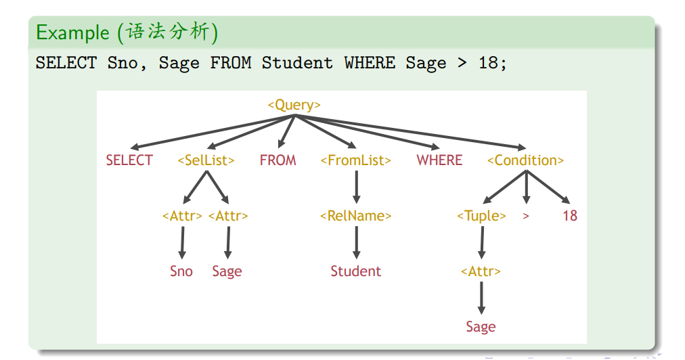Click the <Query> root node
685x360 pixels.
click(294, 106)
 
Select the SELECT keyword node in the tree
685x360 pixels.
click(129, 160)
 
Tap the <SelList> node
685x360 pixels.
click(206, 160)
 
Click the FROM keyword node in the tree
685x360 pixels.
click(278, 160)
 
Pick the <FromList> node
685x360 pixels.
click(355, 160)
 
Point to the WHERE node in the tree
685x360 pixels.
click(439, 160)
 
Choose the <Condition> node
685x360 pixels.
click(525, 160)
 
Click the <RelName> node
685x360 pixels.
click(355, 216)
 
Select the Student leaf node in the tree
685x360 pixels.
click(355, 271)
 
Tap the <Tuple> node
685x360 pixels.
click(481, 216)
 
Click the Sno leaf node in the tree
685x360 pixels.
click(181, 271)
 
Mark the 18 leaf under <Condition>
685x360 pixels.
click(570, 216)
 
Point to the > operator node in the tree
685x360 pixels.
click(526, 216)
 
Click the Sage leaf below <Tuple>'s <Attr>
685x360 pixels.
click(481, 327)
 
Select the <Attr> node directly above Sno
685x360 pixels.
click(182, 216)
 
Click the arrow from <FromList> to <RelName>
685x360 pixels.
click(357, 187)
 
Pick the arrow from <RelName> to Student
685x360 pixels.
click(357, 242)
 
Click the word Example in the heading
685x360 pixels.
click(72, 32)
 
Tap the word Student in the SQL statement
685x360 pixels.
click(297, 63)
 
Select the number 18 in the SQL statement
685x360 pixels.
click(488, 63)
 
